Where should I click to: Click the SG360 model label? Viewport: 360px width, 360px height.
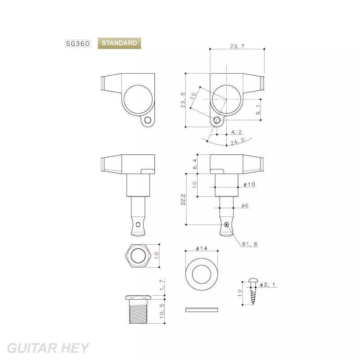[77, 43]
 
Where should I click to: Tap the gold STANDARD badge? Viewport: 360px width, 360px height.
[119, 43]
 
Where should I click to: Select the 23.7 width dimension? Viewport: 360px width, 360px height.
[237, 46]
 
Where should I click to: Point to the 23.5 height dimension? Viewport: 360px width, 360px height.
[183, 100]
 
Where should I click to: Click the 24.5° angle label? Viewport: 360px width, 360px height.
[238, 141]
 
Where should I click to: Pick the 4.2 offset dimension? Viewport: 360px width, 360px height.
[237, 132]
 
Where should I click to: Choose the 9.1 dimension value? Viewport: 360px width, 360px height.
[257, 110]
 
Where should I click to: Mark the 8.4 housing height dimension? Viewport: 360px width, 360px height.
[195, 164]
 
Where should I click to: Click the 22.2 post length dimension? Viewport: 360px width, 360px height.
[183, 199]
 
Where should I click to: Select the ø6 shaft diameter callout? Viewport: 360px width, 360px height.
[245, 205]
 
